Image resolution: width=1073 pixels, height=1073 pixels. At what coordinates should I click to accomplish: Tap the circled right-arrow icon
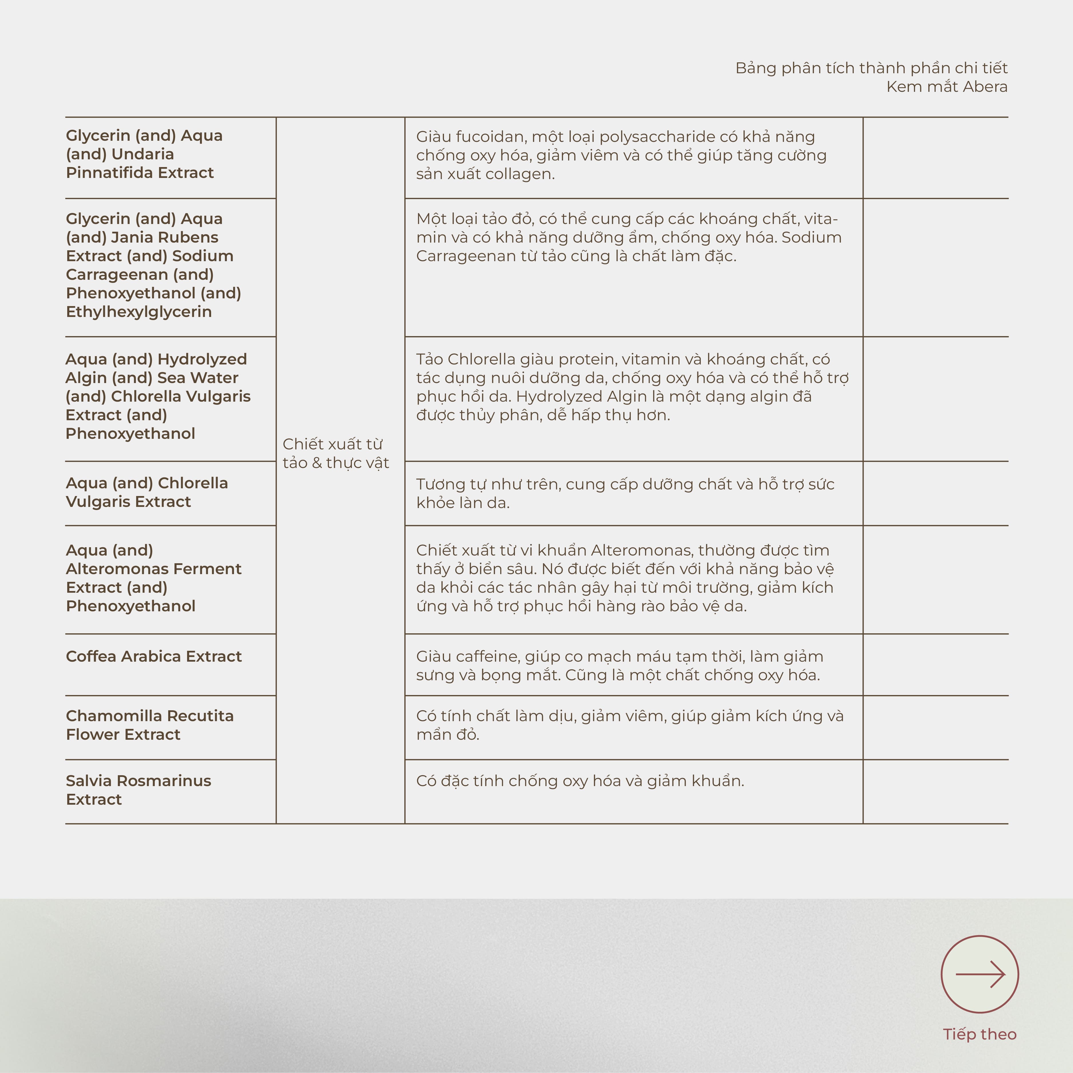[x=980, y=974]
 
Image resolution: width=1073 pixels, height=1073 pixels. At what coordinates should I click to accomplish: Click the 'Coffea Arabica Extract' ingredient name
[x=154, y=657]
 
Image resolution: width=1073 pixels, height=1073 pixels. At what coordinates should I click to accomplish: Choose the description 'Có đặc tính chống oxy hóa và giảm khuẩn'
[x=580, y=781]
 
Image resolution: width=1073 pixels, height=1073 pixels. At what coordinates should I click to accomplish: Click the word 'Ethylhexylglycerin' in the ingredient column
[x=139, y=312]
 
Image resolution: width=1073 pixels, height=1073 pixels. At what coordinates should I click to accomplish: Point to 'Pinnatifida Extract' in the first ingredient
[x=140, y=173]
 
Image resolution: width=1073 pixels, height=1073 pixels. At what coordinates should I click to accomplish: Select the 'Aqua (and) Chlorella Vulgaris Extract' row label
[x=147, y=492]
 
